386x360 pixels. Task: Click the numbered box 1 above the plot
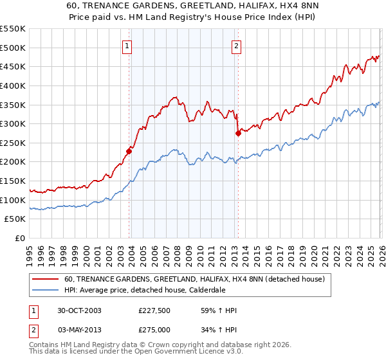pos(127,46)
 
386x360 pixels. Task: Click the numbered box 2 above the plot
pos(237,46)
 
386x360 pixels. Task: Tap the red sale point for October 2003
pos(129,151)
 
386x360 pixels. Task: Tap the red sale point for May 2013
pos(238,133)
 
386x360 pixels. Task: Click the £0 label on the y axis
pos(20,239)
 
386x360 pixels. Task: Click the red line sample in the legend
pos(46,280)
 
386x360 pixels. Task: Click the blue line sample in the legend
pos(46,289)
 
